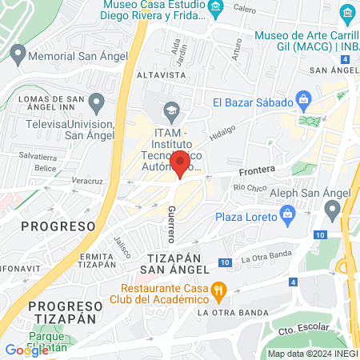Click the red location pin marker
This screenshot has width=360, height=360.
point(181,163)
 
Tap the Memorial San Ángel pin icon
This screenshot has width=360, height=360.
point(18,54)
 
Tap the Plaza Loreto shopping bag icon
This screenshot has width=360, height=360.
point(287,214)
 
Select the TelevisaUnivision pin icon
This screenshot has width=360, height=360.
point(96,102)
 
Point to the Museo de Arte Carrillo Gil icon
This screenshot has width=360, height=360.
point(346,14)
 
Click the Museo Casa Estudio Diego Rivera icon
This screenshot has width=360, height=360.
point(215,9)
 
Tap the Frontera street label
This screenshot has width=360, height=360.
point(257,170)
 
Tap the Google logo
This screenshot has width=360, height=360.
point(26,350)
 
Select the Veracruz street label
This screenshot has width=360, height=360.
point(88,182)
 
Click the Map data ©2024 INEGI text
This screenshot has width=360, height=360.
point(312,354)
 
